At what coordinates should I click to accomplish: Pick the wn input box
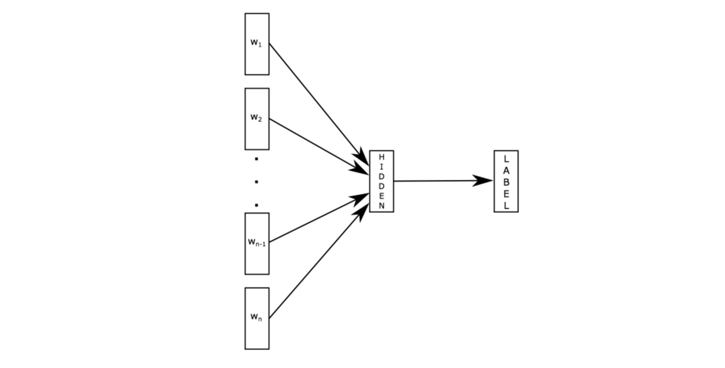[257, 334]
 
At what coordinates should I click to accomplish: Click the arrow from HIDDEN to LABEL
[436, 181]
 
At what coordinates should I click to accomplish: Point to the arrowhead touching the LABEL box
[483, 180]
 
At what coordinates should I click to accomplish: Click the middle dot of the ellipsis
[256, 182]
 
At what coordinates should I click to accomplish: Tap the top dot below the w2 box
[256, 159]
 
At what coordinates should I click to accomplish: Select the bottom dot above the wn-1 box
[256, 205]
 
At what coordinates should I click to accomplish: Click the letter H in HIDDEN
[381, 157]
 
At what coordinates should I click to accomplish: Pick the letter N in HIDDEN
[381, 206]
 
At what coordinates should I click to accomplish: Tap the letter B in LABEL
[506, 182]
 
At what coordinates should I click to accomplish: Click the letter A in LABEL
[506, 171]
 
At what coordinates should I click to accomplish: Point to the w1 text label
[256, 43]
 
